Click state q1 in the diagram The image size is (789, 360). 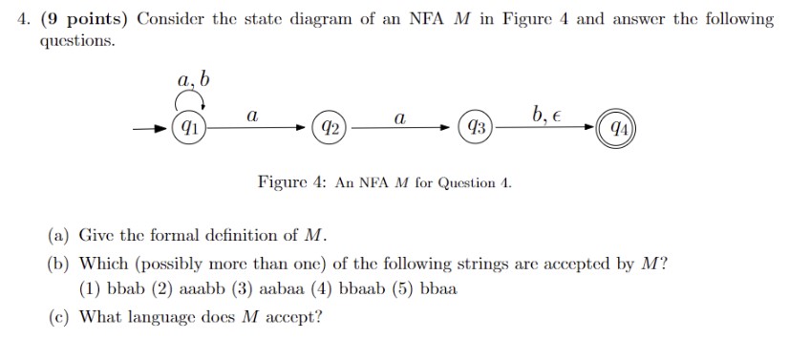pos(191,126)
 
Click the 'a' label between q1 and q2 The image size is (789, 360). pos(251,114)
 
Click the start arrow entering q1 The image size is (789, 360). pos(153,126)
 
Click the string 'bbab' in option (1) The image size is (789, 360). pos(126,287)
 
